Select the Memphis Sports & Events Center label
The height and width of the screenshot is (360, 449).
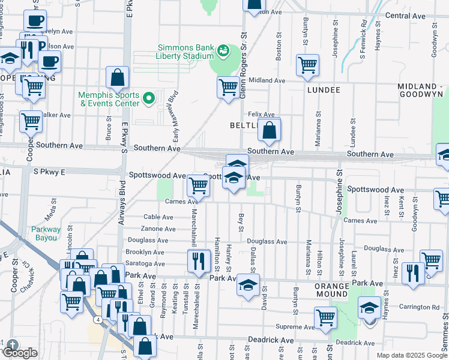(x=109, y=99)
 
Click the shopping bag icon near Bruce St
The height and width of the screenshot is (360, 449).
(x=118, y=77)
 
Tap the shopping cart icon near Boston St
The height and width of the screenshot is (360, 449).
(x=307, y=64)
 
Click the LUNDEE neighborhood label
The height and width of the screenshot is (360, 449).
(x=324, y=90)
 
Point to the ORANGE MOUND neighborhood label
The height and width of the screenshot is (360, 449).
(x=332, y=290)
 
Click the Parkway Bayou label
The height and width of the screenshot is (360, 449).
(x=46, y=233)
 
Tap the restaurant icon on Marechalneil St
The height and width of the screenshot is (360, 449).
(x=199, y=260)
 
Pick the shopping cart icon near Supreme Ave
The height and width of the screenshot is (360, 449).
(x=325, y=316)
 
